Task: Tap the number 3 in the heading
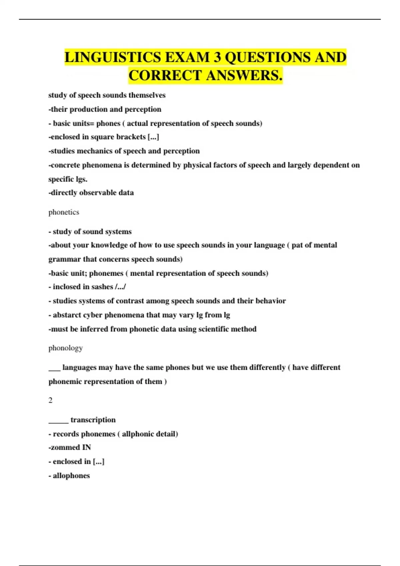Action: tap(217, 57)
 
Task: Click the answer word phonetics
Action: tap(64, 212)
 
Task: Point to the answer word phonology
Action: tap(65, 348)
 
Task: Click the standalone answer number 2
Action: tap(50, 400)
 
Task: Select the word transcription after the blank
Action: tap(93, 420)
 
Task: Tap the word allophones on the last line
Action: tap(71, 475)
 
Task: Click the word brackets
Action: tap(131, 137)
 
